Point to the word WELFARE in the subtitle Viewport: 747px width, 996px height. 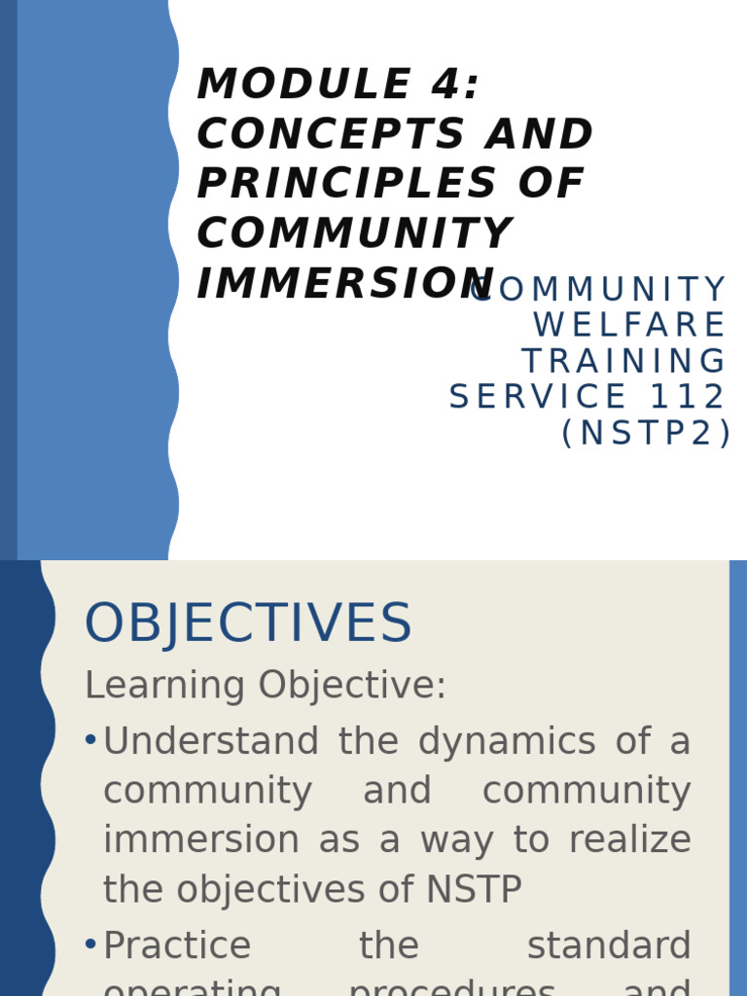point(629,326)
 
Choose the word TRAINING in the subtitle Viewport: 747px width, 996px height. point(623,362)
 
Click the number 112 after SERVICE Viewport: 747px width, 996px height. point(689,397)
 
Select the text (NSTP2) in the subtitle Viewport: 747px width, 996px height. point(646,434)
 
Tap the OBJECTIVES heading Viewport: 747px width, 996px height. point(248,624)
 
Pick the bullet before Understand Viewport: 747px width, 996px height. point(90,741)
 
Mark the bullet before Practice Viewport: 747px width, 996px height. point(90,944)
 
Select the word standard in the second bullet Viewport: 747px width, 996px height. point(608,946)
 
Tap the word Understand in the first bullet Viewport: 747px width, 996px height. point(210,742)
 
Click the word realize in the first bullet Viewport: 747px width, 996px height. point(629,840)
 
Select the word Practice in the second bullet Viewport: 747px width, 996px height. point(177,946)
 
